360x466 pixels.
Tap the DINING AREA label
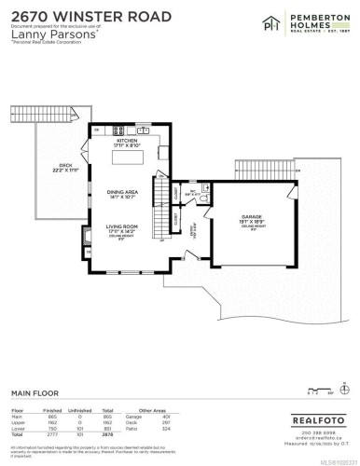[x=128, y=193]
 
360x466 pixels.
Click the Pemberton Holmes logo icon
[x=251, y=21]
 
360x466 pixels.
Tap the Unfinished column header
[x=82, y=409]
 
